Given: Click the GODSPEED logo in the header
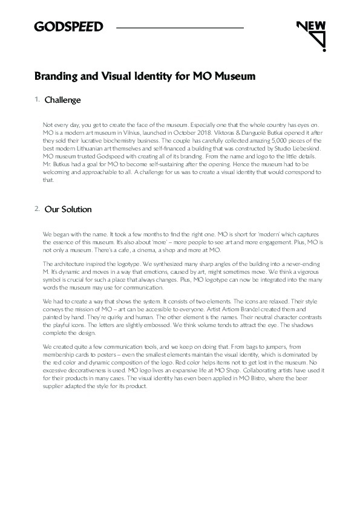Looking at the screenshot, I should (x=68, y=27).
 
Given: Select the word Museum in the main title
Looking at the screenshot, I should (x=233, y=77).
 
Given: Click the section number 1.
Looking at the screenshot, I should (x=37, y=99).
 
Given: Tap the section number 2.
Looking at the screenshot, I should (x=37, y=209).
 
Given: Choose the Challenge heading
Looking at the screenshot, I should (x=63, y=99).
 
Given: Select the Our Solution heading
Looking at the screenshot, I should (x=68, y=209).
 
